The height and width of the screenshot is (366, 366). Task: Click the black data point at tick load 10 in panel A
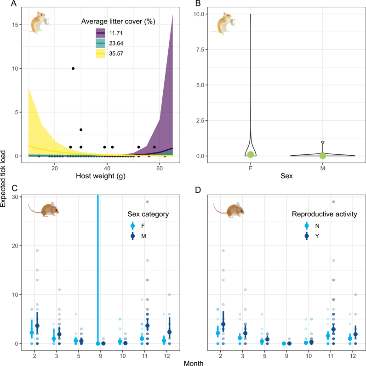(x=73, y=68)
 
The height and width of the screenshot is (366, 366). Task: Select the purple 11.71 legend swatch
(x=101, y=33)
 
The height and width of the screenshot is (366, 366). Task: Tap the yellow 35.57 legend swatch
(x=101, y=53)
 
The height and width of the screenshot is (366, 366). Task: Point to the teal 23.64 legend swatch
(x=101, y=43)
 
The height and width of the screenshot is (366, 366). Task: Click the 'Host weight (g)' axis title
(x=101, y=176)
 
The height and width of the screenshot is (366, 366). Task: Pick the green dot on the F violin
(x=251, y=154)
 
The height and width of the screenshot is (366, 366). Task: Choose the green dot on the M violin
(x=322, y=156)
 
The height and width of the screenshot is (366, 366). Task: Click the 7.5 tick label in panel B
(x=200, y=50)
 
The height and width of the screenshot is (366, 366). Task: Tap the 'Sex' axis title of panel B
(x=286, y=176)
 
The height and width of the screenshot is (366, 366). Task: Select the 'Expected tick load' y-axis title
(x=3, y=179)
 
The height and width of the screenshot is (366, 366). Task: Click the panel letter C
(x=14, y=188)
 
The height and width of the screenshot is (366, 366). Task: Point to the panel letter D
(x=198, y=190)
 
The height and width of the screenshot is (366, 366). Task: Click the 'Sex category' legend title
(x=148, y=214)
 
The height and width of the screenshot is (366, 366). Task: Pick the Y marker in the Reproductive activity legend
(x=307, y=236)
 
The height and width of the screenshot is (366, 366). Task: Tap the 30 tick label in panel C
(x=15, y=197)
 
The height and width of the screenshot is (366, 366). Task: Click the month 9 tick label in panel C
(x=101, y=356)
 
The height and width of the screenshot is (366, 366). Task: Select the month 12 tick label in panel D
(x=353, y=356)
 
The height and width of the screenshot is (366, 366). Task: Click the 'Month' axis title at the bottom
(x=194, y=363)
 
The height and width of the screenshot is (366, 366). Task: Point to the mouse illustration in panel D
(x=229, y=210)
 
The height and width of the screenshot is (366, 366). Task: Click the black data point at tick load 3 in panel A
(x=81, y=130)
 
